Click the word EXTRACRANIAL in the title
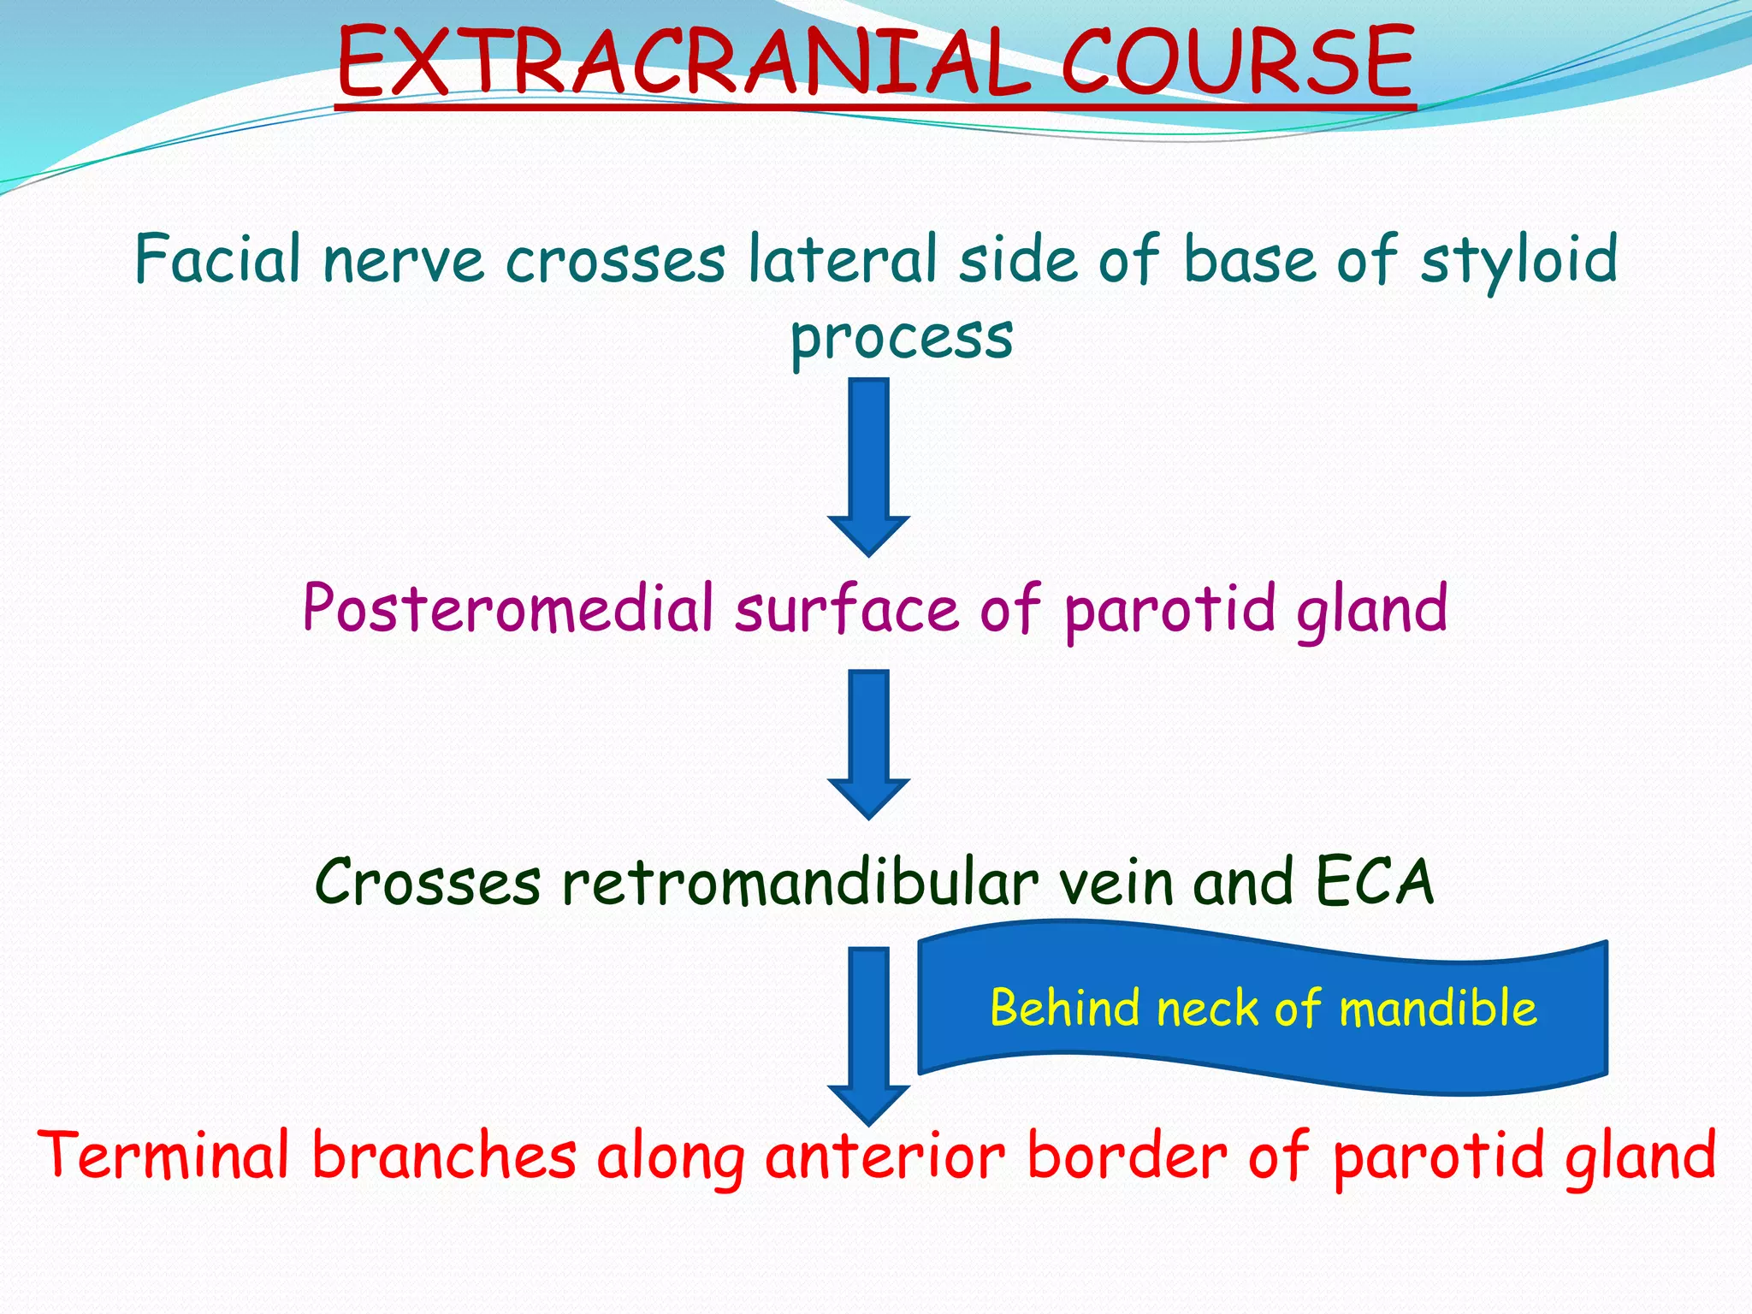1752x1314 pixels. pyautogui.click(x=684, y=62)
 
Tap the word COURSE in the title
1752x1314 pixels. pyautogui.click(x=1237, y=62)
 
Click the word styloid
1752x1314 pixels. pyautogui.click(x=1519, y=260)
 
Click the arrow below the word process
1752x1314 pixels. pyautogui.click(x=868, y=466)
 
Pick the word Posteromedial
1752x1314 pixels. pyautogui.click(x=508, y=608)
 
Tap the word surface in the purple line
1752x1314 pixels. pyautogui.click(x=847, y=610)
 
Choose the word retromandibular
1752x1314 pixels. pyautogui.click(x=800, y=882)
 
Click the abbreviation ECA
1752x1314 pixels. pyautogui.click(x=1374, y=882)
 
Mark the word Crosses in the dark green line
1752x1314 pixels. pyautogui.click(x=428, y=882)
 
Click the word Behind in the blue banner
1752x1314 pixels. pyautogui.click(x=1065, y=1007)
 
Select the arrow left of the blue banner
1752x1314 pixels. pyautogui.click(x=868, y=1035)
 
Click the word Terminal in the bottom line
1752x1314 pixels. pyautogui.click(x=163, y=1156)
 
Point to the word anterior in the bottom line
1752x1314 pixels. pyautogui.click(x=885, y=1156)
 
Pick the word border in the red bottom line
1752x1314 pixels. pyautogui.click(x=1127, y=1156)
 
